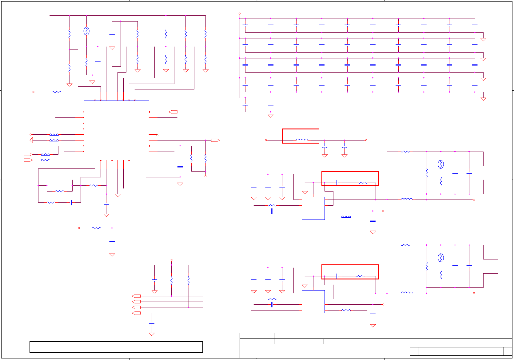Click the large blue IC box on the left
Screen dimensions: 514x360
tap(116, 130)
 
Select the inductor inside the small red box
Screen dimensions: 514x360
tap(302, 140)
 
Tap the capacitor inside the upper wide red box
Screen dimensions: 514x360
tap(337, 183)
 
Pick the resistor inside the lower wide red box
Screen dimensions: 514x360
tap(360, 276)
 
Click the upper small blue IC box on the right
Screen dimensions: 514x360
tap(313, 208)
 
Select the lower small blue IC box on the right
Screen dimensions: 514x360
tap(313, 302)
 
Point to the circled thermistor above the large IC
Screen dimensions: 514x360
tap(86, 31)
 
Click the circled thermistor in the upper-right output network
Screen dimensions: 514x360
tap(441, 164)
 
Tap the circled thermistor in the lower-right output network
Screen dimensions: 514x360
tap(441, 258)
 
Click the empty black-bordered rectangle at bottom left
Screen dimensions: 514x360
tap(116, 347)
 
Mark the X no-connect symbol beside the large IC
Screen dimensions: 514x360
tap(157, 135)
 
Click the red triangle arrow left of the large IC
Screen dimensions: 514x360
tap(31, 140)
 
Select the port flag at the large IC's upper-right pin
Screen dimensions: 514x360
tap(173, 112)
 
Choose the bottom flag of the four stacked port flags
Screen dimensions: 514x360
tap(136, 313)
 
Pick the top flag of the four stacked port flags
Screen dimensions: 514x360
tap(136, 296)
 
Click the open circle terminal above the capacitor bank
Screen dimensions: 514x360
tap(240, 14)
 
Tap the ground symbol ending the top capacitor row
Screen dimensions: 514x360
tap(483, 39)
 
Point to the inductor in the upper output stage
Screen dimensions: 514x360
tap(407, 199)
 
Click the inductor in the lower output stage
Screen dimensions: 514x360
tap(407, 293)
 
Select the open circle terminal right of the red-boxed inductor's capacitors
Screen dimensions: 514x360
tap(366, 140)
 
